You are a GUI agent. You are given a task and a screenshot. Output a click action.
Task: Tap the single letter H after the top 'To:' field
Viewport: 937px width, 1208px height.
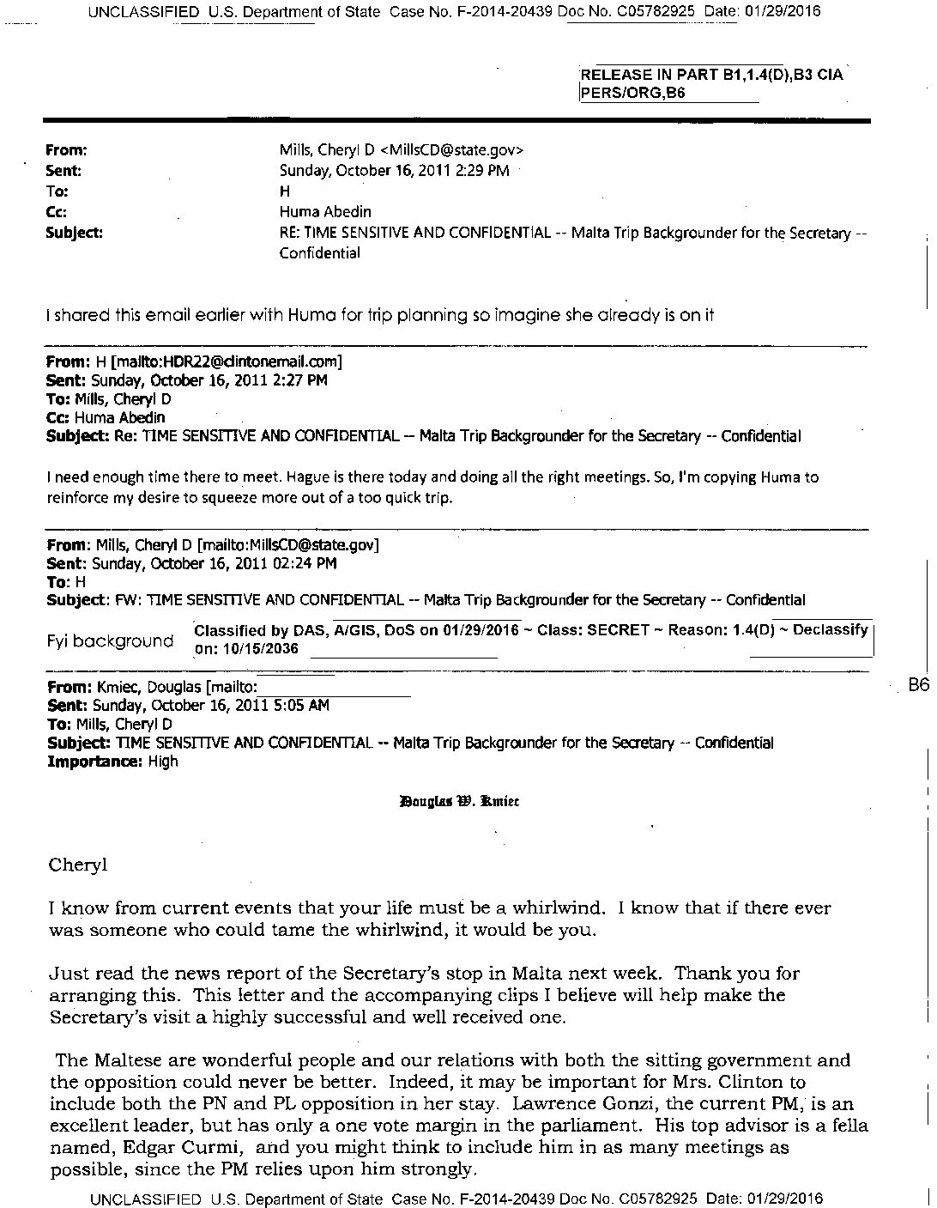(x=285, y=191)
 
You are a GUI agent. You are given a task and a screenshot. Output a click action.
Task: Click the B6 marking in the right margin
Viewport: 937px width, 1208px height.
(x=919, y=685)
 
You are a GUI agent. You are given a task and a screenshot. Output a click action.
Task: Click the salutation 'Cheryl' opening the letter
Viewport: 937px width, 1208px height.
(x=78, y=865)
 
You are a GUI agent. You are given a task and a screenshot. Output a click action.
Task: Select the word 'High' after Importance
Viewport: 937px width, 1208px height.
(x=163, y=761)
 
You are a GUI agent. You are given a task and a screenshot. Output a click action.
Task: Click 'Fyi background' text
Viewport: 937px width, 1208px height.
(x=109, y=640)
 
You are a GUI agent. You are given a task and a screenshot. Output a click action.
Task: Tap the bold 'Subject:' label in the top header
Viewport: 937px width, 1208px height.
(x=74, y=232)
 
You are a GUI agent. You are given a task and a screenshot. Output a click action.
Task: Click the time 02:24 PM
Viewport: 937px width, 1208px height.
(x=299, y=563)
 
